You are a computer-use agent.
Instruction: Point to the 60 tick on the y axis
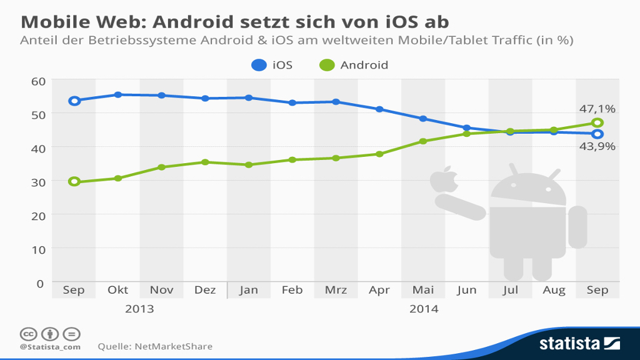(x=38, y=81)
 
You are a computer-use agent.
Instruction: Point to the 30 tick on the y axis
(x=38, y=181)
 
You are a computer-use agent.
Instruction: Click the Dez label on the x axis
(x=205, y=290)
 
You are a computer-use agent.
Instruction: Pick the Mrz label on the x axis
(x=336, y=290)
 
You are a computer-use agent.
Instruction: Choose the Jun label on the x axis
(x=467, y=290)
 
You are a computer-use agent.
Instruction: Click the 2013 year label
(x=139, y=309)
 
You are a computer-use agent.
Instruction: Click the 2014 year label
(x=423, y=309)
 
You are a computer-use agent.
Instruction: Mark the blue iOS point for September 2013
(x=74, y=101)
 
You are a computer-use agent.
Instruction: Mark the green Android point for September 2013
(x=74, y=182)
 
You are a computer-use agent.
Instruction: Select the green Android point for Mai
(x=423, y=141)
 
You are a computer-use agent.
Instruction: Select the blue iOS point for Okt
(x=118, y=95)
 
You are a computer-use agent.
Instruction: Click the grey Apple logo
(x=444, y=179)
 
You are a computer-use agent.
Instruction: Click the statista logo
(x=579, y=343)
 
